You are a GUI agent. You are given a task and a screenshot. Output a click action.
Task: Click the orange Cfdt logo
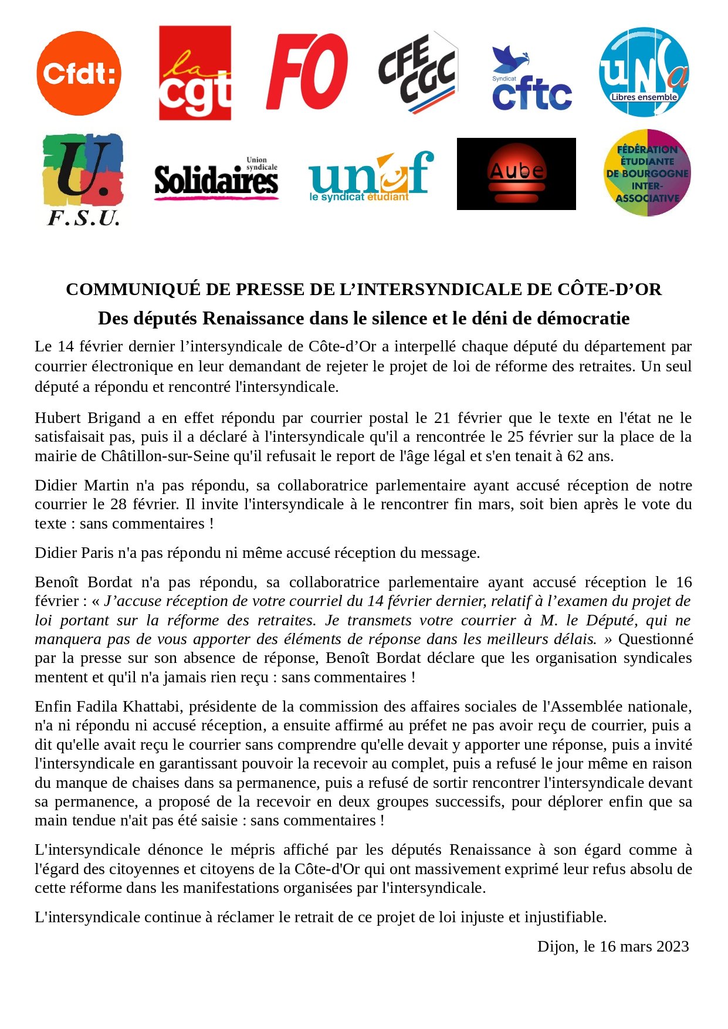[79, 73]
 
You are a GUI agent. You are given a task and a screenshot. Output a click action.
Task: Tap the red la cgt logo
[195, 73]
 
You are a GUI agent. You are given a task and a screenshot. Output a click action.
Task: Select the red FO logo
[307, 72]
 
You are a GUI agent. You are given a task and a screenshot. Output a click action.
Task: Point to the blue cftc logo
[531, 79]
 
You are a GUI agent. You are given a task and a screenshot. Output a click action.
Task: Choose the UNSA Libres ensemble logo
[644, 72]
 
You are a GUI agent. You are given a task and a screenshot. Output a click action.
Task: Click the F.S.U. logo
[83, 180]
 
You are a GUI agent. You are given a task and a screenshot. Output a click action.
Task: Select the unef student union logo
[371, 177]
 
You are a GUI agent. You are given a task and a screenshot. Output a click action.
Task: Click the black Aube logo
[516, 174]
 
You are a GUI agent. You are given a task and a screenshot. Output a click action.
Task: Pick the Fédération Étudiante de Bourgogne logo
[647, 173]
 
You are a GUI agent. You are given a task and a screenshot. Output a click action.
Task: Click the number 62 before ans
[575, 456]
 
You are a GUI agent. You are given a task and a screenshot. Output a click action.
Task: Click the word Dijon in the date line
[558, 946]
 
